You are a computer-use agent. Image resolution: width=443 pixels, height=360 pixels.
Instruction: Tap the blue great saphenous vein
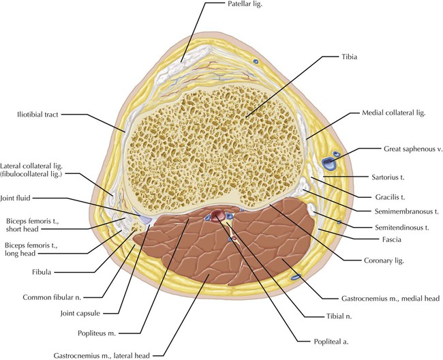(329, 163)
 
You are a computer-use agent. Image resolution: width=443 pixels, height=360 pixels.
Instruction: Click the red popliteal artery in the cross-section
(218, 217)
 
